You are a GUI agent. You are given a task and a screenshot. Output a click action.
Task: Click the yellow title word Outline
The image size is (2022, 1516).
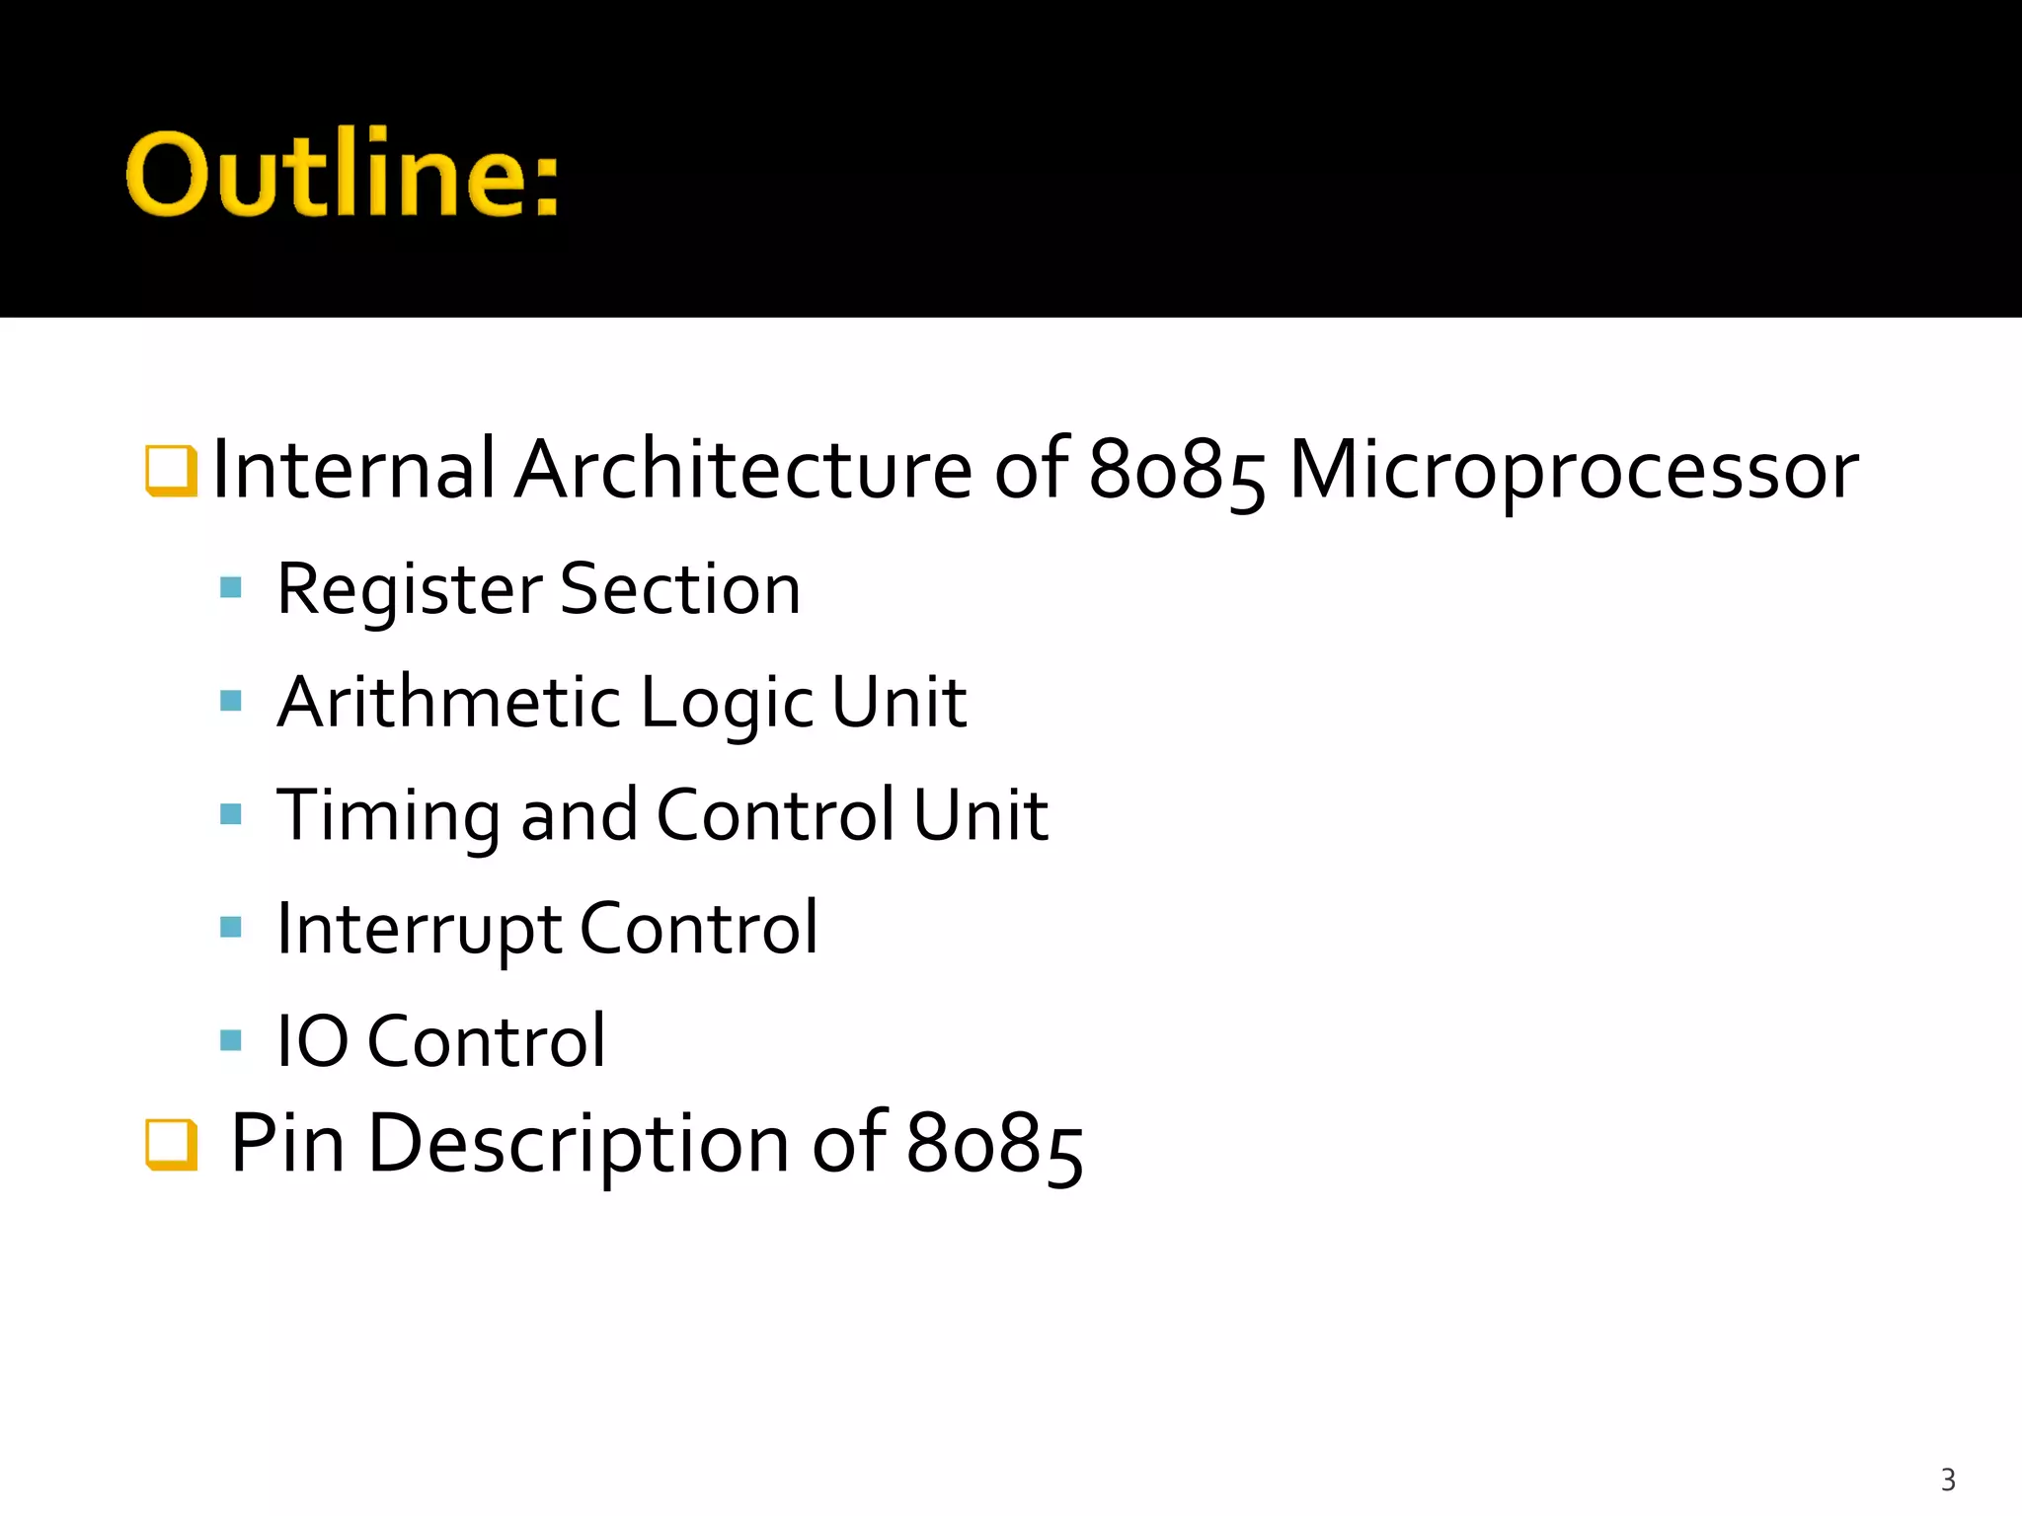point(341,175)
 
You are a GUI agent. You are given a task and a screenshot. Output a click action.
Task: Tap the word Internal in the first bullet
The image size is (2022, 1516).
point(352,469)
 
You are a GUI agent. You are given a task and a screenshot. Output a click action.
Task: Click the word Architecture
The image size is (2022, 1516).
point(743,469)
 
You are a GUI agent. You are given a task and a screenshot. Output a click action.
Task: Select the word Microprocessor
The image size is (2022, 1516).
point(1573,471)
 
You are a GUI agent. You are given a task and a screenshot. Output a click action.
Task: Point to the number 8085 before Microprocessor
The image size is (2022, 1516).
point(1176,471)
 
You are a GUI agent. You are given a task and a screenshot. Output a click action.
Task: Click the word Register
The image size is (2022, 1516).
point(409,589)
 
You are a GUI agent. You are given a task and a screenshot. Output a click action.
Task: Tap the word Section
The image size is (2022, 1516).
point(680,589)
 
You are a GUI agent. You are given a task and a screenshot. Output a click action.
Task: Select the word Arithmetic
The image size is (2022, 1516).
point(448,703)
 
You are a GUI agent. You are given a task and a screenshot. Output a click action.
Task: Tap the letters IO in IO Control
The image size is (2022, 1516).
point(312,1041)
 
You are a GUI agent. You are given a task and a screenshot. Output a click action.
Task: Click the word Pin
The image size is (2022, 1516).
point(287,1143)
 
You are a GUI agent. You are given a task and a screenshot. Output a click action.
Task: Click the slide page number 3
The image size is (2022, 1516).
point(1947,1479)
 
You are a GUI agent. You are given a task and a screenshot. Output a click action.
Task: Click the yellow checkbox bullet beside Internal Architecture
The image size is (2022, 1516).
point(171,470)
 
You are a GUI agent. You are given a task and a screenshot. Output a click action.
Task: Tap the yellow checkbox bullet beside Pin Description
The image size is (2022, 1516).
point(171,1144)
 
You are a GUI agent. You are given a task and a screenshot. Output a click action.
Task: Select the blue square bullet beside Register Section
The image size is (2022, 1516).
point(231,588)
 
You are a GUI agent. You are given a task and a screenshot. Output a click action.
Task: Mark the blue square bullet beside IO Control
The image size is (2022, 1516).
point(231,1040)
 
